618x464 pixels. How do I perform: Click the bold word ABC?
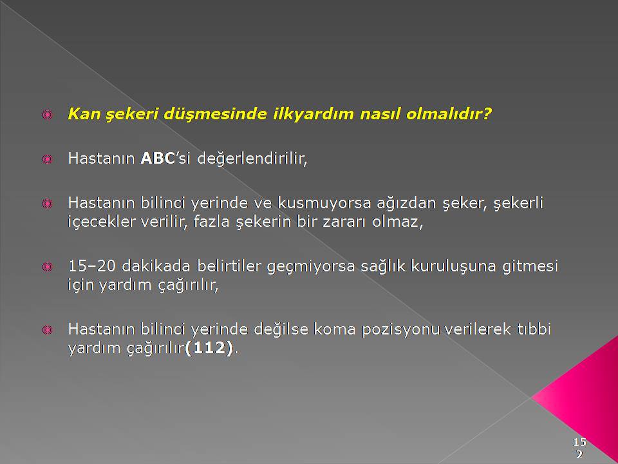pos(158,159)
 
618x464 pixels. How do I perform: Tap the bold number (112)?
pos(209,348)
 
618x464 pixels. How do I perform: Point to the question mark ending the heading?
pos(487,113)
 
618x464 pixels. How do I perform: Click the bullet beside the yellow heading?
pos(47,115)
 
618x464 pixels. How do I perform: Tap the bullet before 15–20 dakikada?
pos(47,267)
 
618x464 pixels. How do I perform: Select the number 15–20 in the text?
pos(92,266)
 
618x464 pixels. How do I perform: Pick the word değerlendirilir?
pos(252,159)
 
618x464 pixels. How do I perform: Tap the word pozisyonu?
pos(400,330)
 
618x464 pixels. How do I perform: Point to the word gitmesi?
pos(530,267)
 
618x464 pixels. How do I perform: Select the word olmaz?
pos(397,222)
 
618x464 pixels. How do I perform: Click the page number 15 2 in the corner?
pos(579,448)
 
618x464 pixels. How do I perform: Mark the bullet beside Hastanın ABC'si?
pos(47,159)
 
